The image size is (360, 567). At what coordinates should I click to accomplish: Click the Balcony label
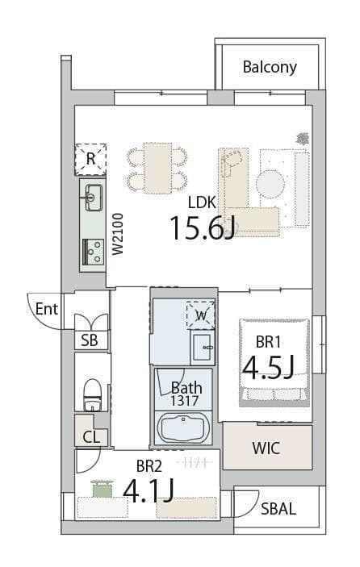tap(270, 67)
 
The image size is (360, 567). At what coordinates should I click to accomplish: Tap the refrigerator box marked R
tap(90, 160)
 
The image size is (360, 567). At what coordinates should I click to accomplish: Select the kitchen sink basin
tap(94, 198)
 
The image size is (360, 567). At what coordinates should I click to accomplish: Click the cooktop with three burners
tap(94, 252)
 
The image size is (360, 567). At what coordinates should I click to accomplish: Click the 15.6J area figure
tap(203, 227)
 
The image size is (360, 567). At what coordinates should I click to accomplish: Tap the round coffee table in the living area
tap(270, 183)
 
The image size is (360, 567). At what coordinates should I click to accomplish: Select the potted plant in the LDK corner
tap(302, 139)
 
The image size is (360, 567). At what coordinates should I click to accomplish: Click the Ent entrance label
tap(47, 309)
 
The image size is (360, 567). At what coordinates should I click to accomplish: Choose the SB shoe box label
tap(89, 340)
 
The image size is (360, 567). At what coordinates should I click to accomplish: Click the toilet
tap(92, 394)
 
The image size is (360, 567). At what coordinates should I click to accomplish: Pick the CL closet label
tap(91, 437)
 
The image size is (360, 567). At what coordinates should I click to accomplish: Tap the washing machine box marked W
tap(201, 315)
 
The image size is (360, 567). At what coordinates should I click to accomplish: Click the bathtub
tap(183, 429)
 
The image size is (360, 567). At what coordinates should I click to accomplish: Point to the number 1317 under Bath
tap(185, 401)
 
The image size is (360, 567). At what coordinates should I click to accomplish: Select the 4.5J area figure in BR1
tap(268, 367)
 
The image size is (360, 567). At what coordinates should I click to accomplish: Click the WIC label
tap(266, 448)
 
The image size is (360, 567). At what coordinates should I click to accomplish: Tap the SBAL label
tap(278, 509)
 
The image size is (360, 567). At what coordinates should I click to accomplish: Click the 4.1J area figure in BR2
tap(149, 490)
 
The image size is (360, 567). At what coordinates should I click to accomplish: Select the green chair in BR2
tap(103, 489)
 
